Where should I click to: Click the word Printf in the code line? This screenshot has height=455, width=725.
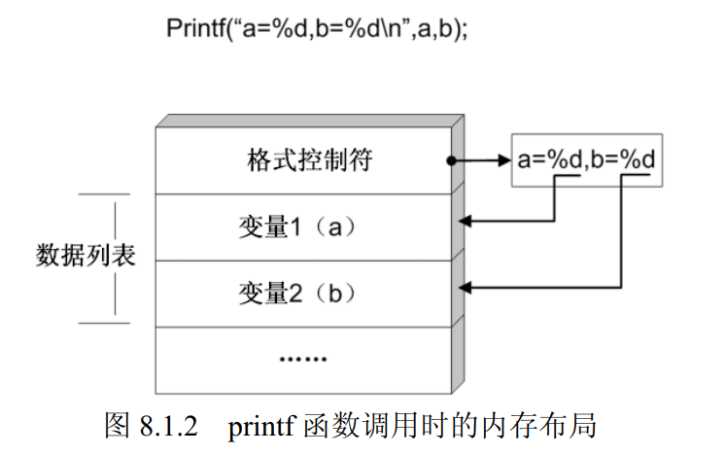tap(193, 28)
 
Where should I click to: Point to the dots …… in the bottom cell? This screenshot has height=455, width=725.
tap(303, 359)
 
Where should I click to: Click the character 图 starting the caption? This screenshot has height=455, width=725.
tap(115, 427)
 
